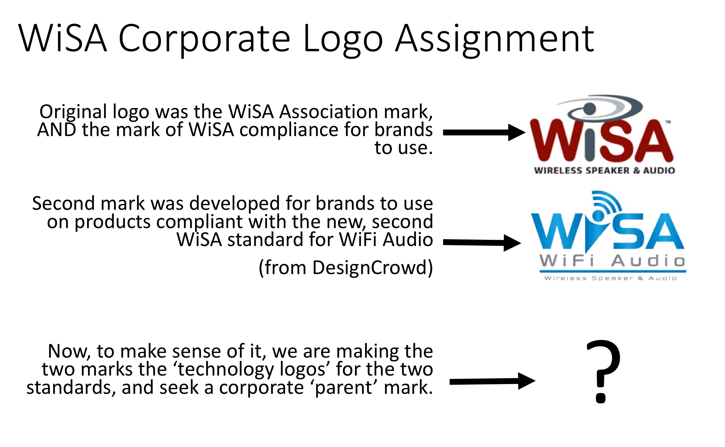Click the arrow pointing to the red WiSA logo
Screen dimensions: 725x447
click(484, 132)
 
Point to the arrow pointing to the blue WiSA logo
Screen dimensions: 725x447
click(482, 242)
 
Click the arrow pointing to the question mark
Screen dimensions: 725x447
click(492, 381)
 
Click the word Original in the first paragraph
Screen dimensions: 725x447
click(73, 112)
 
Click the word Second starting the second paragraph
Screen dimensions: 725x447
click(64, 204)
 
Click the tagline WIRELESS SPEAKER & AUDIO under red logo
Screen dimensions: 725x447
click(604, 170)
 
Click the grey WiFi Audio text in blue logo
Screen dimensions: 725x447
click(612, 261)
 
